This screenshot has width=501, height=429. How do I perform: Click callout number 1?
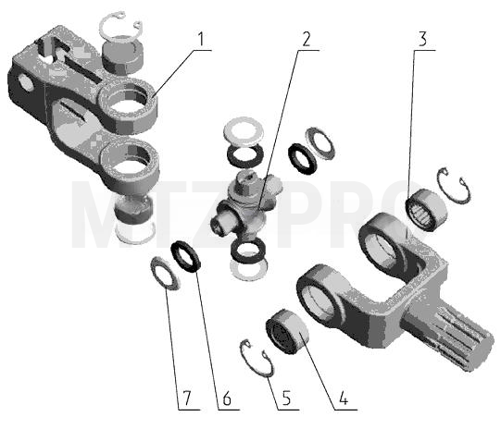(200, 40)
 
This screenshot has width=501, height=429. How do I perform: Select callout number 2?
(306, 40)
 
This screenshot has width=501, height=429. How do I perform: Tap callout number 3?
(422, 39)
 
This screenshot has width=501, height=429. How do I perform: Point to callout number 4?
(344, 398)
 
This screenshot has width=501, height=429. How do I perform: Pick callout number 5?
(286, 398)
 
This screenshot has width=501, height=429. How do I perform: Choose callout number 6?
(227, 398)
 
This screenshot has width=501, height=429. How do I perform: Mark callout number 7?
(186, 398)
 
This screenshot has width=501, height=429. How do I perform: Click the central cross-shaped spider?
(246, 207)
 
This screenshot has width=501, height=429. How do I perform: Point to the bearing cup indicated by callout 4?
(287, 331)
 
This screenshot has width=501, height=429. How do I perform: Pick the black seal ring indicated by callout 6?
(186, 256)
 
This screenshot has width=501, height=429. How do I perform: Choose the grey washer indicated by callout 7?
(165, 274)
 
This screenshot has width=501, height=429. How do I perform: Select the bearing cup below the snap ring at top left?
(122, 55)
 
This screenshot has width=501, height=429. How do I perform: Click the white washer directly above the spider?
(244, 129)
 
